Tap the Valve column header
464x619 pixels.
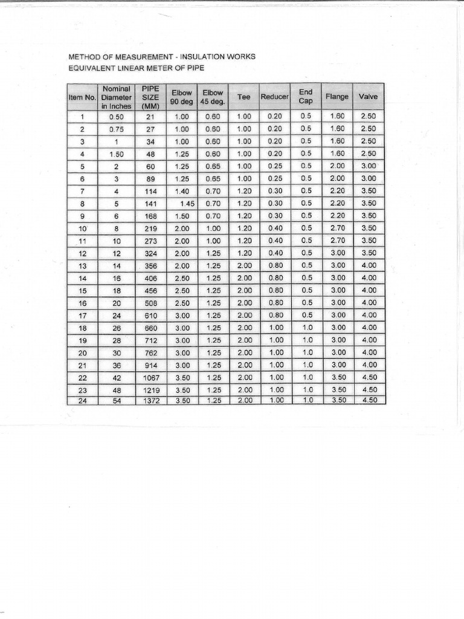368,97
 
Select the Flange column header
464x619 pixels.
337,97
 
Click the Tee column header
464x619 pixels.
244,97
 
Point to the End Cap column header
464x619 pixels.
306,97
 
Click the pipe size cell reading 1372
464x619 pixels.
150,401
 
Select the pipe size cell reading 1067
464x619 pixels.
150,377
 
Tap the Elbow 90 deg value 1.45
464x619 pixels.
186,203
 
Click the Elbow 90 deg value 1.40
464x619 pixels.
182,191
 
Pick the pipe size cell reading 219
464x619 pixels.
150,228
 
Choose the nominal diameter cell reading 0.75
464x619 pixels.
116,129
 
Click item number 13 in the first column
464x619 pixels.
82,265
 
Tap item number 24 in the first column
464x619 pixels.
82,401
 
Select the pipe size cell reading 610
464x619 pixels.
150,315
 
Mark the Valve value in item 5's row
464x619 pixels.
368,166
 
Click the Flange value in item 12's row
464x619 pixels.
337,253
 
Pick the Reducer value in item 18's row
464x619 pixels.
275,328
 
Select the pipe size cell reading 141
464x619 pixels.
150,203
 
